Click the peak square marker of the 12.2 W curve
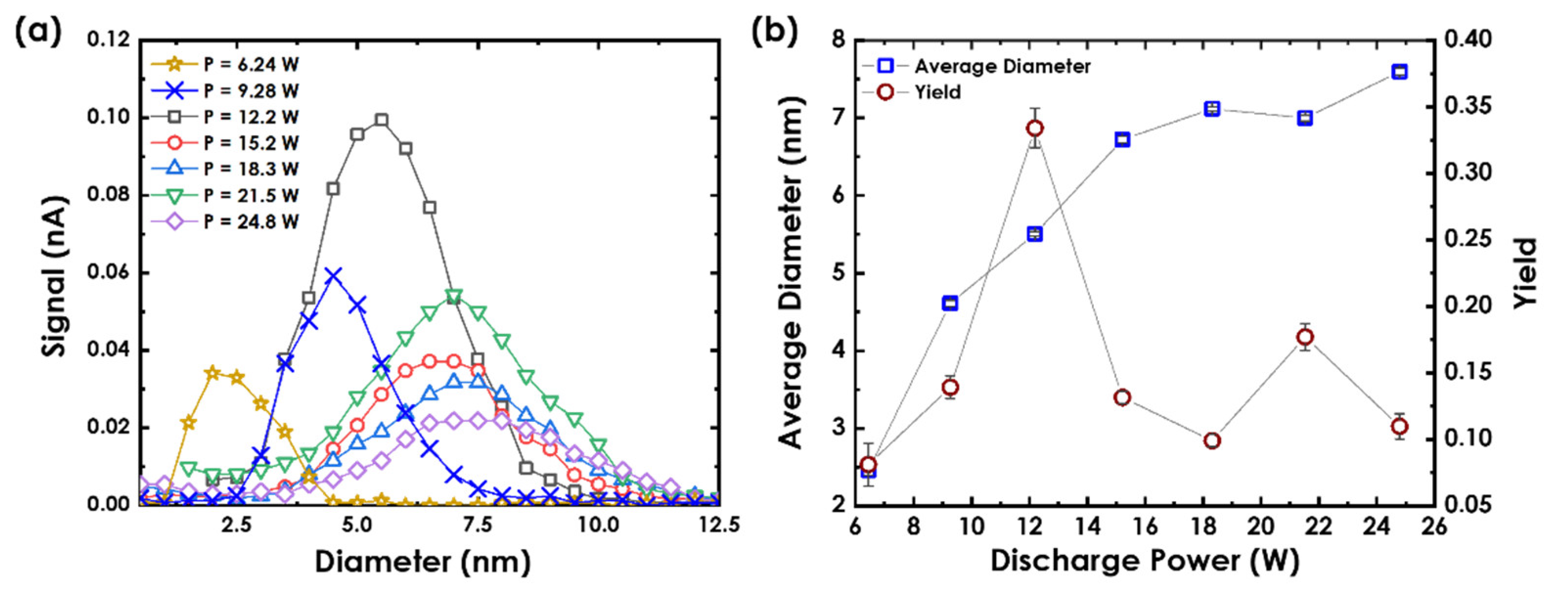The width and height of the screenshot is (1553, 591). pyautogui.click(x=381, y=120)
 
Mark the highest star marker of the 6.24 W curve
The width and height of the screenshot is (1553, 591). pyautogui.click(x=212, y=373)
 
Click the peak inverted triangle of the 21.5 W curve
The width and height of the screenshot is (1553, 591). pyautogui.click(x=454, y=296)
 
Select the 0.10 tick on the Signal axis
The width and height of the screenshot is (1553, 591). pyautogui.click(x=109, y=117)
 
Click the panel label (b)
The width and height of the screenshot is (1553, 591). pyautogui.click(x=774, y=31)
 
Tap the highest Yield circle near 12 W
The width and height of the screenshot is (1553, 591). pyautogui.click(x=1035, y=129)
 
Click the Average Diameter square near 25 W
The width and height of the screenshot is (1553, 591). pyautogui.click(x=1399, y=72)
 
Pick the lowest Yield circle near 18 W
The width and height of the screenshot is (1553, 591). pyautogui.click(x=1212, y=441)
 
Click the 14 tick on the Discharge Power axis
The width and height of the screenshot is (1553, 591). pyautogui.click(x=1087, y=526)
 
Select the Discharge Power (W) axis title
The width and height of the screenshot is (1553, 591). pyautogui.click(x=1144, y=561)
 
